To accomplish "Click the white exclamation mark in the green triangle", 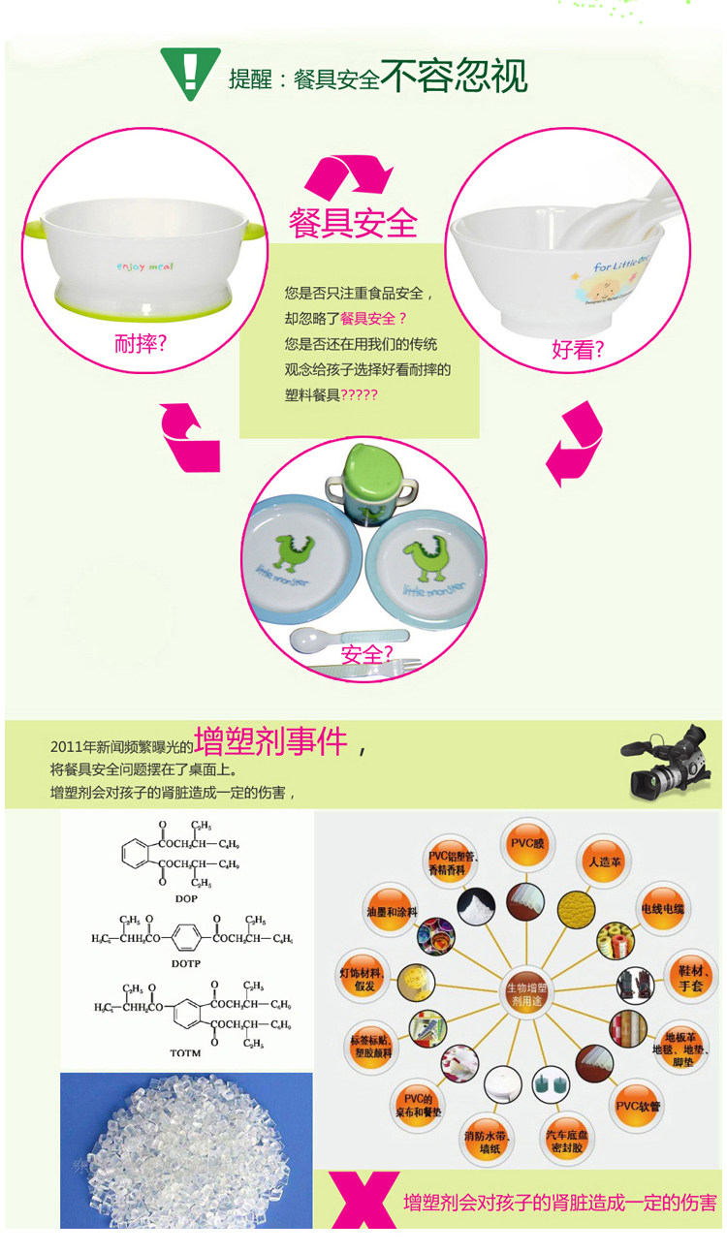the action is [190, 71].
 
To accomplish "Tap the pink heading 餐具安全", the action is [353, 222].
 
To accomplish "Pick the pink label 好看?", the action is [578, 350].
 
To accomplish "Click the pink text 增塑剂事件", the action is [270, 741].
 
